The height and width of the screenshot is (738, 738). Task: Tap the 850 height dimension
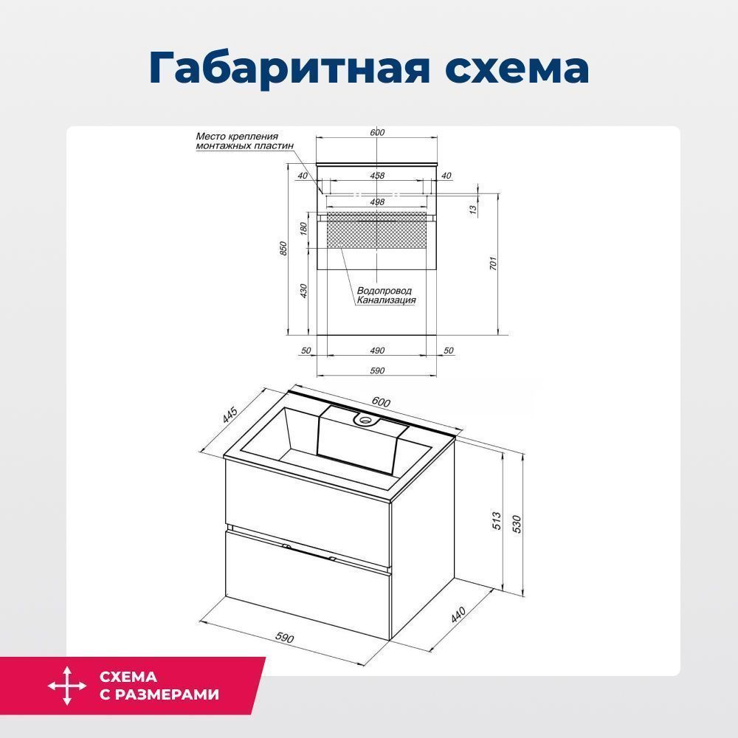283,248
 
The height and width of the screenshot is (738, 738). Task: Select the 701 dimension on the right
493,263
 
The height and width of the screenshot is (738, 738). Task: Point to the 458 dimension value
377,176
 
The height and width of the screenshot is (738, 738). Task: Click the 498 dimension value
377,202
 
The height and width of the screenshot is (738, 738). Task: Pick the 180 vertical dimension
303,229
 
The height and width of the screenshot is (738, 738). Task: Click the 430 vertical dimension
303,290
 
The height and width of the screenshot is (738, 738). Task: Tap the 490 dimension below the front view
377,350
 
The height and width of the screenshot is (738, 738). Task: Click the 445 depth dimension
230,414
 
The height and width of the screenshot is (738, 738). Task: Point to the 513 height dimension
497,521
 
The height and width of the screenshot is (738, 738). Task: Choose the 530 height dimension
517,524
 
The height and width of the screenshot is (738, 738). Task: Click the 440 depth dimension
458,615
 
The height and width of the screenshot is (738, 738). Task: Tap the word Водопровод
384,291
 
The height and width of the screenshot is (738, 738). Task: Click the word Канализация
387,300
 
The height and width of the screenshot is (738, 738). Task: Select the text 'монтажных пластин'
245,146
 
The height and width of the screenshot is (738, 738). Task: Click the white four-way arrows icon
67,686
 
